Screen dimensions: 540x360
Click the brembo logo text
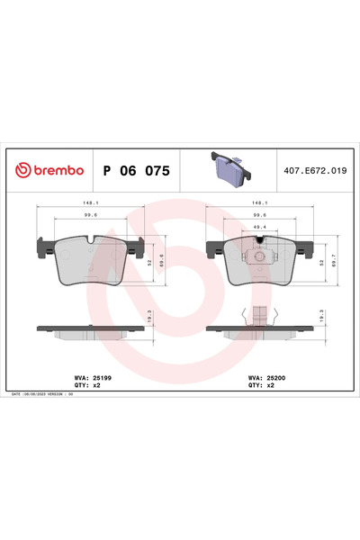point(50,170)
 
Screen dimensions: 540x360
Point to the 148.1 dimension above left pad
point(91,202)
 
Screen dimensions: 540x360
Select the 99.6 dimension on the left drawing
point(91,215)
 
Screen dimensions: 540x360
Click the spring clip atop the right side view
point(260,315)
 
